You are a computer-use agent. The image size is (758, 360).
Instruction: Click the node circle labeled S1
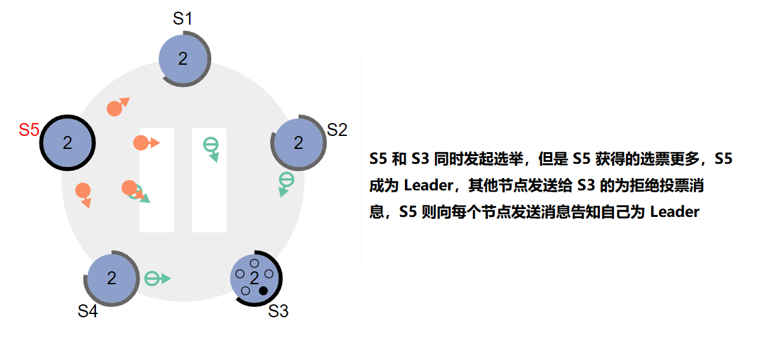pyautogui.click(x=183, y=59)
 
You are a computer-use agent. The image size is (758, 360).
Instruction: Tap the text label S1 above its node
pyautogui.click(x=183, y=19)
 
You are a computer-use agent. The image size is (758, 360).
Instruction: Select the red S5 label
pyautogui.click(x=29, y=129)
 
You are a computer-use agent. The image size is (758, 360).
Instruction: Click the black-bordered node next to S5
pyautogui.click(x=67, y=143)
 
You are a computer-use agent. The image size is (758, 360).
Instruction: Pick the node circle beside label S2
pyautogui.click(x=298, y=143)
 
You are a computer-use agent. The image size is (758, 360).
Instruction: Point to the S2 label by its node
pyautogui.click(x=337, y=129)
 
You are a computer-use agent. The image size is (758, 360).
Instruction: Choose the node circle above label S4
pyautogui.click(x=111, y=278)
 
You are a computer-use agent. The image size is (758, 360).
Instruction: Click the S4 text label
pyautogui.click(x=87, y=311)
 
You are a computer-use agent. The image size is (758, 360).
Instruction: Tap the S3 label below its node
pyautogui.click(x=278, y=311)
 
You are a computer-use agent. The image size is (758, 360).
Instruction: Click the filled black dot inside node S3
pyautogui.click(x=263, y=291)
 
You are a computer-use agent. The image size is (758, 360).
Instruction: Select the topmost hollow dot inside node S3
pyautogui.click(x=254, y=264)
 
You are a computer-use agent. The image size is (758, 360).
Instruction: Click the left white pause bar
pyautogui.click(x=157, y=180)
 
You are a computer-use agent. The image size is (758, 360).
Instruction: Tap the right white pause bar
pyautogui.click(x=209, y=180)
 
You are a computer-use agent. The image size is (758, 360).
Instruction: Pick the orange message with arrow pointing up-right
pyautogui.click(x=115, y=107)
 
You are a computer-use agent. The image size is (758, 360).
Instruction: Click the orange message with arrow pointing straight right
pyautogui.click(x=142, y=143)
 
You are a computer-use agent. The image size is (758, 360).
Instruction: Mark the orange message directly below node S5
pyautogui.click(x=83, y=191)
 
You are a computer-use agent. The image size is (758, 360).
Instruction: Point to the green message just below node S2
pyautogui.click(x=286, y=180)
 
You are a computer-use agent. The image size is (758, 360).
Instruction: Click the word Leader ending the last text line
pyautogui.click(x=674, y=212)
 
